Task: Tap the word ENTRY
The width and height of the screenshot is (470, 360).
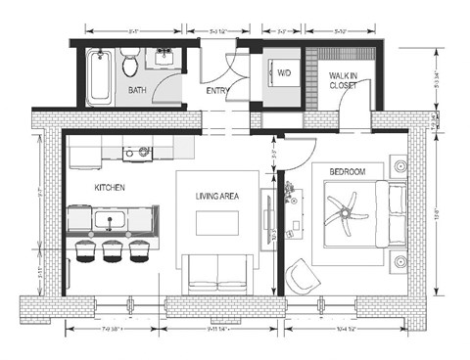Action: (218, 92)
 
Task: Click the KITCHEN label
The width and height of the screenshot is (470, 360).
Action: (110, 188)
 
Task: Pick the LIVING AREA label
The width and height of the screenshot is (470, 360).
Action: (216, 197)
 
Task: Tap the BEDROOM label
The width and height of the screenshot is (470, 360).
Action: (347, 172)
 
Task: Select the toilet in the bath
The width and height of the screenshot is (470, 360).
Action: (129, 65)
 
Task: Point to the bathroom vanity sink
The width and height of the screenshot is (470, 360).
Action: (162, 60)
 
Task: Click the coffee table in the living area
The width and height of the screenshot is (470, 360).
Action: (216, 224)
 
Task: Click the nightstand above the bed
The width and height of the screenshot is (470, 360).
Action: (399, 167)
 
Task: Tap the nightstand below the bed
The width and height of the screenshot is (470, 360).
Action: (399, 261)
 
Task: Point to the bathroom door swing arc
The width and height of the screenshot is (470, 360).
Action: (174, 91)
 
